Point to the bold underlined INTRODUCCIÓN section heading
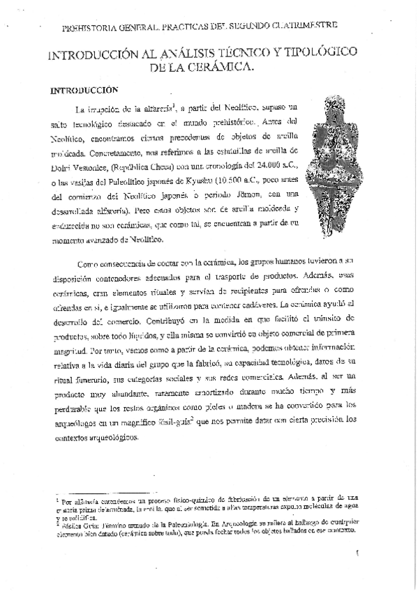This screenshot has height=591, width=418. click(x=80, y=91)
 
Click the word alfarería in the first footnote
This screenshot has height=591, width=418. click(x=82, y=500)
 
